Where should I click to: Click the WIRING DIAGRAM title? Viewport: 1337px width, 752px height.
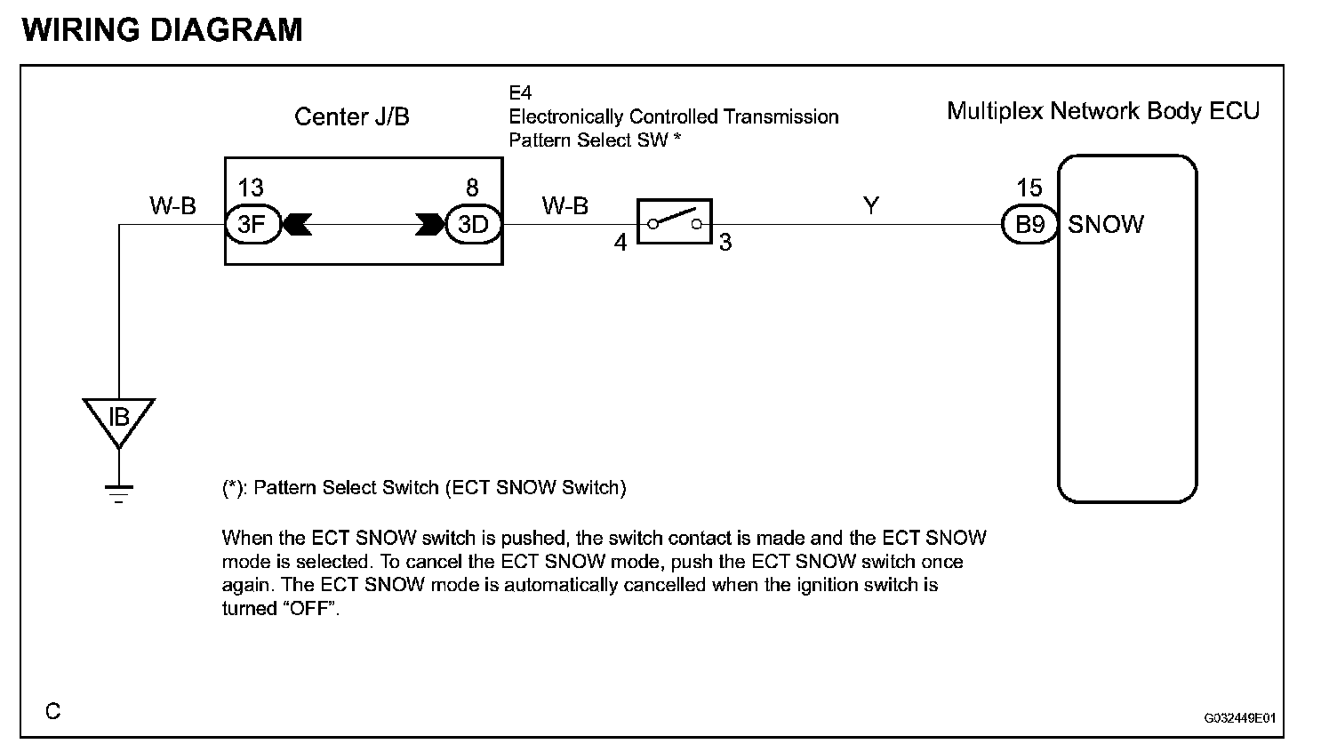[x=163, y=29]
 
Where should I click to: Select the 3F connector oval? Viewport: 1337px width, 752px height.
[x=252, y=224]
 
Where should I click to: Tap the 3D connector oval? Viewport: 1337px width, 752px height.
[x=473, y=224]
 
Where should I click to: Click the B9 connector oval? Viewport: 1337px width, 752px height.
[x=1029, y=224]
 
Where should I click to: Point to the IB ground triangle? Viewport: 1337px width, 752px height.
[x=118, y=419]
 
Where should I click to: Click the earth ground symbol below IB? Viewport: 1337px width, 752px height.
[x=118, y=492]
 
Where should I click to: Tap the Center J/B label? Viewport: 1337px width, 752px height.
[x=352, y=116]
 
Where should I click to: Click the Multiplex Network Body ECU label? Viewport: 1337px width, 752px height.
[x=1103, y=111]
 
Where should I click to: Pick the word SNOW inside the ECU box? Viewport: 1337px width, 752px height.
[x=1106, y=225]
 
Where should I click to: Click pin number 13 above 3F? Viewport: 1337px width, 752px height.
[x=251, y=188]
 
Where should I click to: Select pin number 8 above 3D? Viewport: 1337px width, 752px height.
[x=472, y=188]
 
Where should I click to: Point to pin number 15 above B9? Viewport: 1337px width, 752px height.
[x=1029, y=188]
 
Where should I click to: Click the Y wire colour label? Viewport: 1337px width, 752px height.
[x=871, y=205]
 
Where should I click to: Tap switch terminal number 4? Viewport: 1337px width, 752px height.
[x=620, y=242]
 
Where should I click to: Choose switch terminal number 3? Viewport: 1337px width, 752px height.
[x=725, y=242]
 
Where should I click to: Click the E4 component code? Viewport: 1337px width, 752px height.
[x=520, y=92]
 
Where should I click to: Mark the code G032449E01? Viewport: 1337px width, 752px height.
[x=1240, y=718]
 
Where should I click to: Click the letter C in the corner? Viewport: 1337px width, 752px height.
[x=53, y=711]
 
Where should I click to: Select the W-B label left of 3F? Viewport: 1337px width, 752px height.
[x=172, y=206]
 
